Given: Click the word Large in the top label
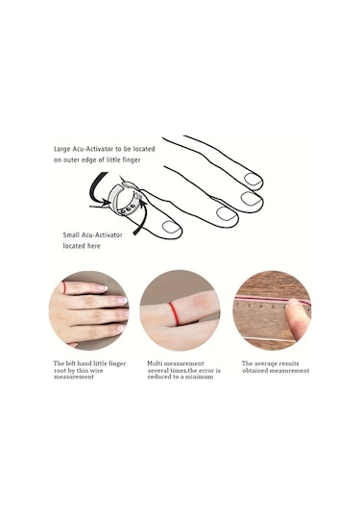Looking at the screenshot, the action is (x=62, y=149).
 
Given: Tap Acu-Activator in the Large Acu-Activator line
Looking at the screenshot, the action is (x=92, y=149).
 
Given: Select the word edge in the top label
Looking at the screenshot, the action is (x=88, y=160).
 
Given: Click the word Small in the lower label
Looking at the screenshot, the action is (x=71, y=235).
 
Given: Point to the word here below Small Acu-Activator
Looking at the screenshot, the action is (x=93, y=246).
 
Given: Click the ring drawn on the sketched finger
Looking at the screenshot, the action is (x=124, y=200).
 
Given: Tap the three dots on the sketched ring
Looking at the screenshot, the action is (x=128, y=209).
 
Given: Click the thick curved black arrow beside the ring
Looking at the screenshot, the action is (x=96, y=188).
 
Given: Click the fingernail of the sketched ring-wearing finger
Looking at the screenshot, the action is (x=172, y=227).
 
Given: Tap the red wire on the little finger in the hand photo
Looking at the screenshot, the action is (x=64, y=287).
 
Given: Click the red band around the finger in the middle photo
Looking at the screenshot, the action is (x=174, y=314).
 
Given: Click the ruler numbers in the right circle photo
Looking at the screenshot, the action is (x=273, y=306).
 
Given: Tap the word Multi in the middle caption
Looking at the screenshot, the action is (x=155, y=363).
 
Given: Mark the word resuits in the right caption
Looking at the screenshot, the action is (x=288, y=363).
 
